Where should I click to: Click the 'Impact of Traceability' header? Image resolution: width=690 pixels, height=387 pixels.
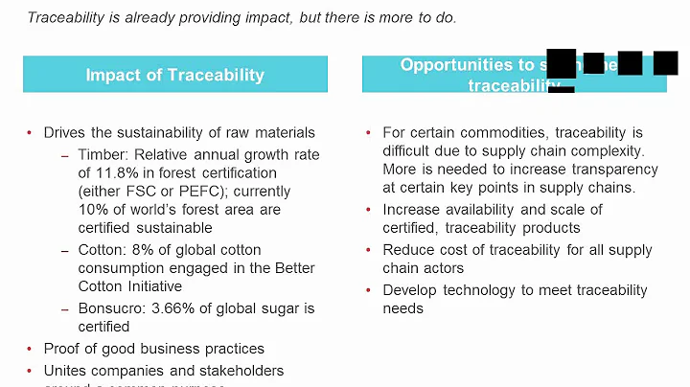pos(174,75)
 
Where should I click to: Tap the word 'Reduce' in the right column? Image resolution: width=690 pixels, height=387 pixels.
pos(407,250)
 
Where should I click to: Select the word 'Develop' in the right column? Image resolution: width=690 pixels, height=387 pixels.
pos(410,290)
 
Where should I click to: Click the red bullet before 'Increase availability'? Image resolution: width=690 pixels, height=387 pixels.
pos(369,210)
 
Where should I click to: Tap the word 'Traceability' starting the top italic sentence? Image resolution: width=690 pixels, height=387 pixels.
pos(65,18)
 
